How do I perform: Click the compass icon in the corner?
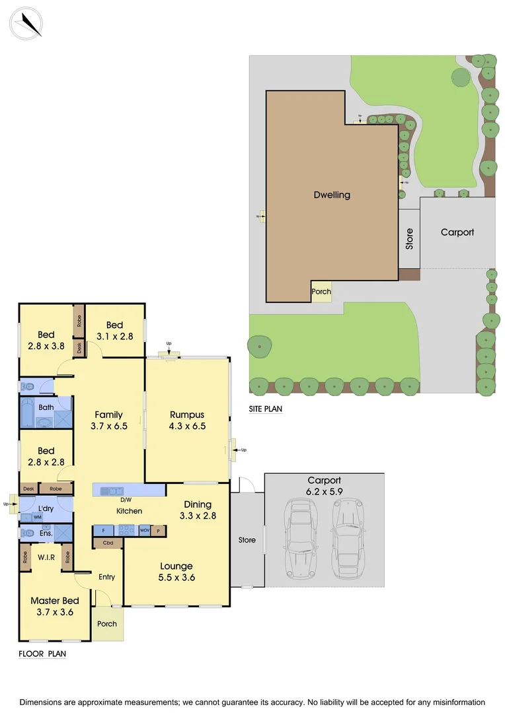[x=27, y=23]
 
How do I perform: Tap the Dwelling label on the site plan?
[x=332, y=195]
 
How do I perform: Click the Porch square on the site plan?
[x=321, y=291]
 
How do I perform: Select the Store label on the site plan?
[x=409, y=238]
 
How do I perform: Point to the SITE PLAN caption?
[x=265, y=409]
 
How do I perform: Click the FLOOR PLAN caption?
[x=42, y=654]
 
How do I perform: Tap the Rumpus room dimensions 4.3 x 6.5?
[x=187, y=426]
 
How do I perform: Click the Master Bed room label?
[x=55, y=601]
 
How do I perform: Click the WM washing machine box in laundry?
[x=28, y=517]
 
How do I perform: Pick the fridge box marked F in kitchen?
[x=104, y=530]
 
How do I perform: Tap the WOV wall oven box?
[x=145, y=530]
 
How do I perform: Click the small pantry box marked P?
[x=159, y=530]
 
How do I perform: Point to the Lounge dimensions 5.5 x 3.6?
[x=176, y=577]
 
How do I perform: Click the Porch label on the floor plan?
[x=107, y=624]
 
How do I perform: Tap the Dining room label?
[x=198, y=505]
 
